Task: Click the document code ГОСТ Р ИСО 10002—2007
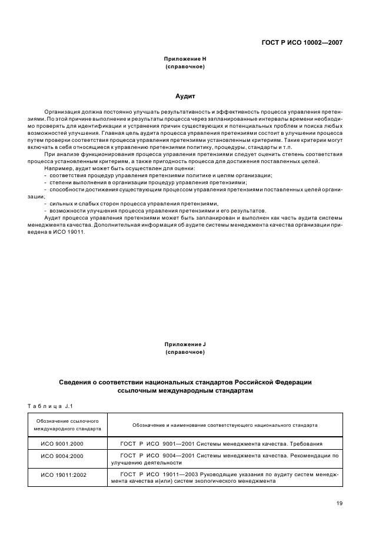pyautogui.click(x=302, y=42)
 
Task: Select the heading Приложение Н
pyautogui.click(x=185, y=59)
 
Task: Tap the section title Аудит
pyautogui.click(x=185, y=95)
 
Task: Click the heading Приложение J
pyautogui.click(x=185, y=344)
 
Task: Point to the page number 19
pyautogui.click(x=340, y=503)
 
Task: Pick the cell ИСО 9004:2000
pyautogui.click(x=62, y=456)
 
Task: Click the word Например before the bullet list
pyautogui.click(x=58, y=168)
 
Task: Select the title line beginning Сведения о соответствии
pyautogui.click(x=185, y=382)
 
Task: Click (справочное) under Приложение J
pyautogui.click(x=185, y=352)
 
